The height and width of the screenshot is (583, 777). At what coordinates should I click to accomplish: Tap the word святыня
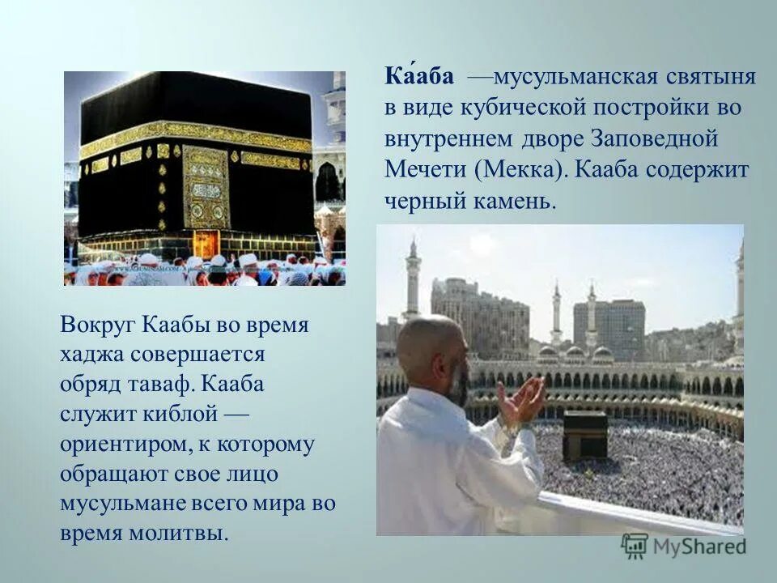pyautogui.click(x=712, y=78)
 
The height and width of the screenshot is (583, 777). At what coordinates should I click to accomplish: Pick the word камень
pyautogui.click(x=516, y=201)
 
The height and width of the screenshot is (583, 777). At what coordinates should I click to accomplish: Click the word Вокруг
pyautogui.click(x=99, y=326)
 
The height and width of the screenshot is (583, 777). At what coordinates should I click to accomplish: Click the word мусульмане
pyautogui.click(x=122, y=504)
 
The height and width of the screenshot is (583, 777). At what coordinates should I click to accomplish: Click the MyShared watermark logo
pyautogui.click(x=684, y=546)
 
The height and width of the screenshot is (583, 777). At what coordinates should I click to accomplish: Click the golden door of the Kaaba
pyautogui.click(x=205, y=242)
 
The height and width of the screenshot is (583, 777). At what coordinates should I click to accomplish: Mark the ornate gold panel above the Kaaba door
pyautogui.click(x=206, y=186)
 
